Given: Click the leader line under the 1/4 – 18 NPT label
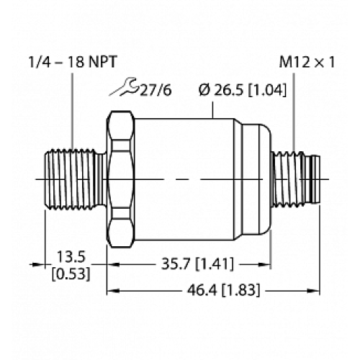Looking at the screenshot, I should coord(73,108).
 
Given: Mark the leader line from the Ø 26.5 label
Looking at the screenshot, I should coord(213,108).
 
